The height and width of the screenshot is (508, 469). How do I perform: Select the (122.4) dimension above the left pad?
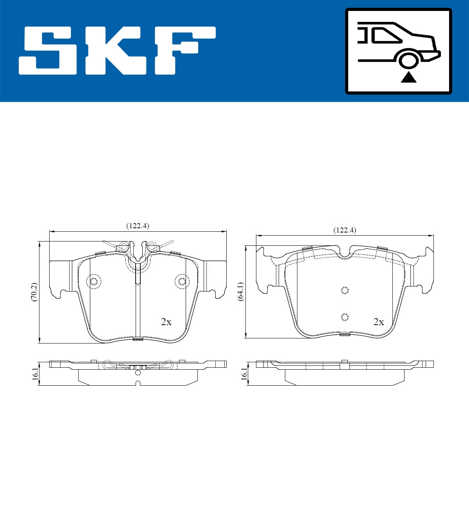click(138, 226)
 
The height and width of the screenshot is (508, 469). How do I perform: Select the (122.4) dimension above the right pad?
click(345, 230)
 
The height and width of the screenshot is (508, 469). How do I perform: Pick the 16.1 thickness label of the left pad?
click(35, 374)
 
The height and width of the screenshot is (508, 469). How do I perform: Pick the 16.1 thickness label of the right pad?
click(244, 374)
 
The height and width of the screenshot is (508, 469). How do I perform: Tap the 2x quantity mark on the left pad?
click(166, 322)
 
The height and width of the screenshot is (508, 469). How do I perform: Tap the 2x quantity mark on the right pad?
click(378, 322)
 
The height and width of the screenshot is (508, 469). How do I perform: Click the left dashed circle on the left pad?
click(94, 281)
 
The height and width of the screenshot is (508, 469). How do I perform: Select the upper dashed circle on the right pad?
click(344, 290)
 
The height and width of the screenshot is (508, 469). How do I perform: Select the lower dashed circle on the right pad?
click(344, 317)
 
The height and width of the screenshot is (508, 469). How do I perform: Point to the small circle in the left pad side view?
click(138, 372)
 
